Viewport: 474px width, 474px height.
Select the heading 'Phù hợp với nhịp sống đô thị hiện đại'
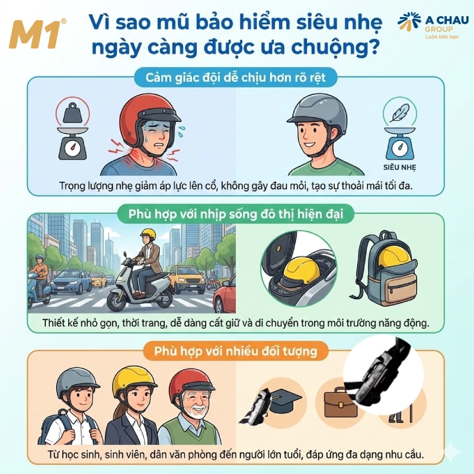(x=237, y=213)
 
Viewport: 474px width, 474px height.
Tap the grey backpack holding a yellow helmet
(x=379, y=270)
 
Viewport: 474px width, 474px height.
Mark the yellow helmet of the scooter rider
(x=147, y=235)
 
